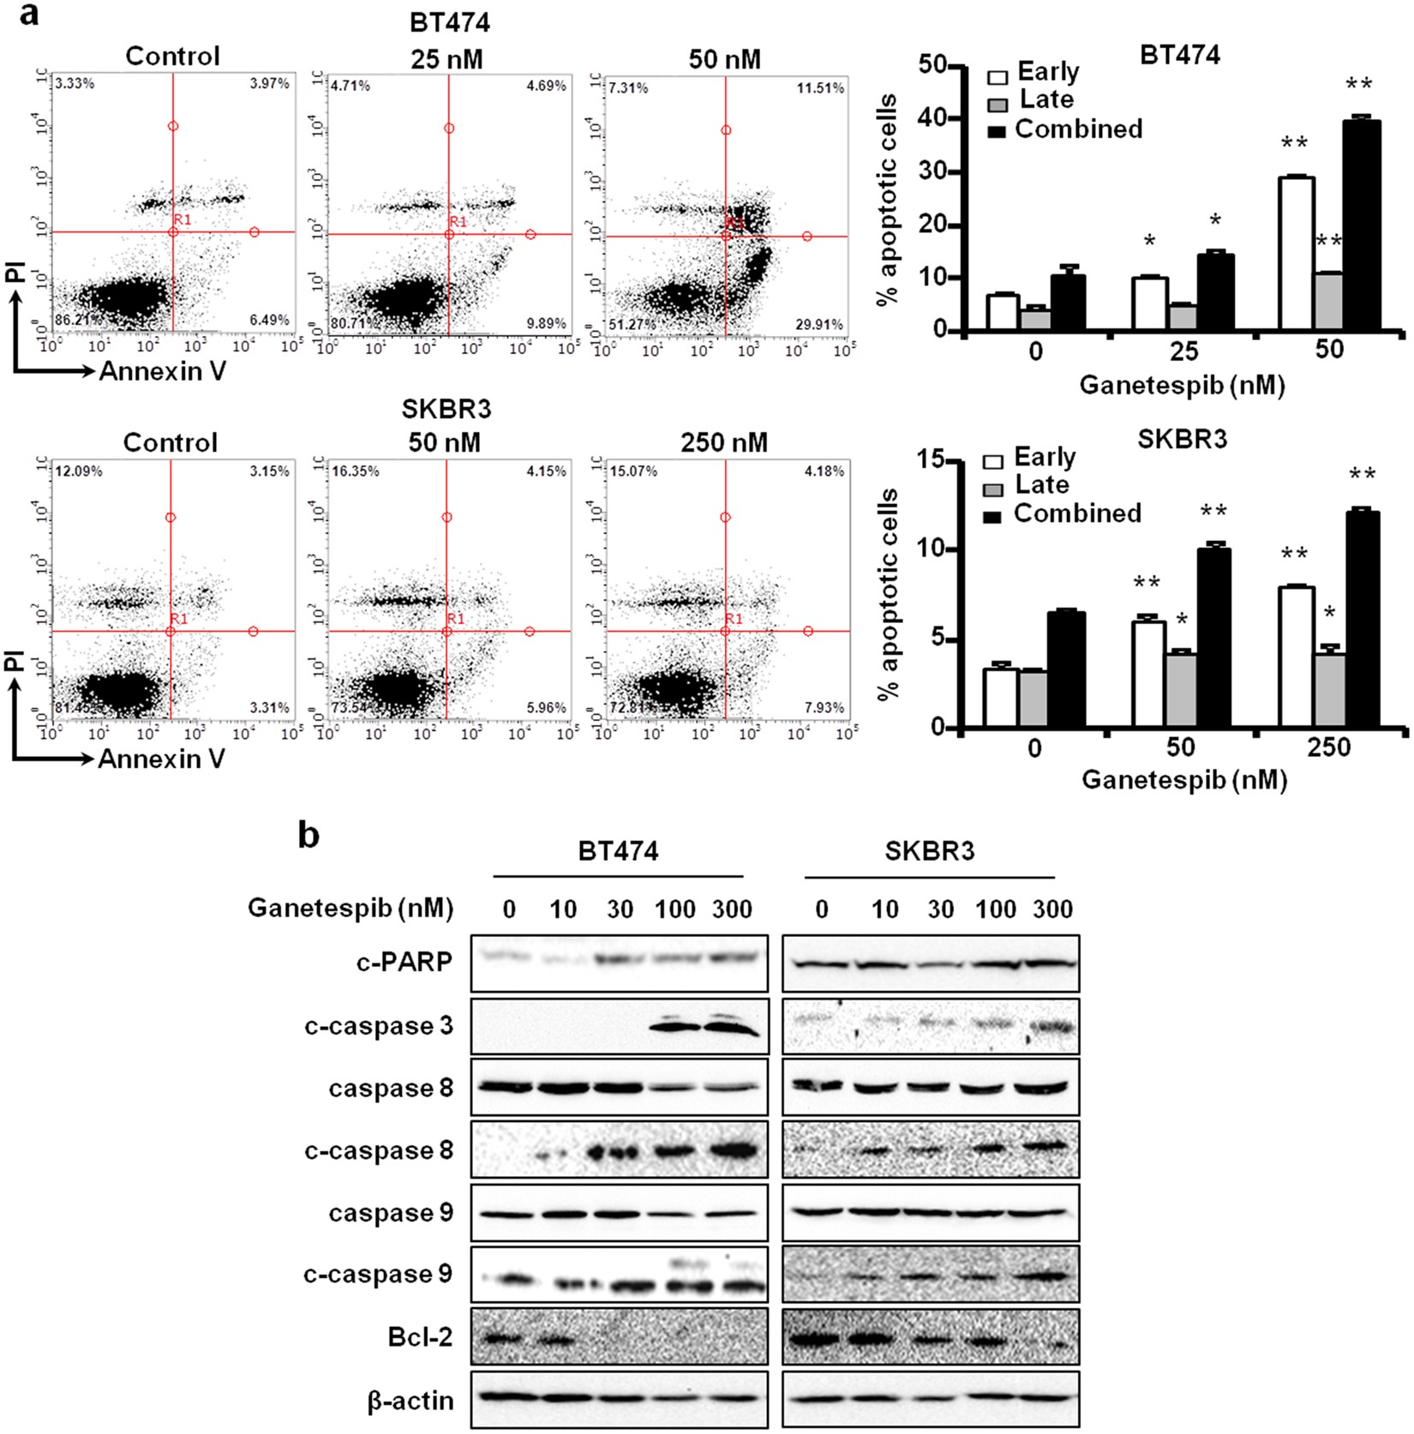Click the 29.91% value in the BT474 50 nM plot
click(x=819, y=325)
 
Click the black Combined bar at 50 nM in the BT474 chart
click(x=1362, y=225)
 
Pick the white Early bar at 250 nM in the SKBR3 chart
click(x=1296, y=657)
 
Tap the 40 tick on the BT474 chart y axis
click(x=932, y=119)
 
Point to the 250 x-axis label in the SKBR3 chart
click(x=1328, y=747)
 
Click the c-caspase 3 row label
click(x=378, y=1026)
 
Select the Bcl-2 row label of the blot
click(x=419, y=1337)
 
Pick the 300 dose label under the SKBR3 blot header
click(x=1052, y=909)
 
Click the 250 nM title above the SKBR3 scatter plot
click(x=724, y=443)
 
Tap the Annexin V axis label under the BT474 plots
click(x=162, y=371)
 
